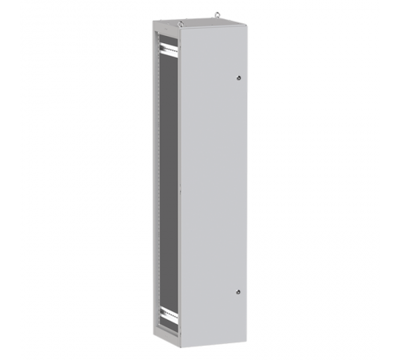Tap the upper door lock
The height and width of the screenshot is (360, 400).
[x=238, y=78]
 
